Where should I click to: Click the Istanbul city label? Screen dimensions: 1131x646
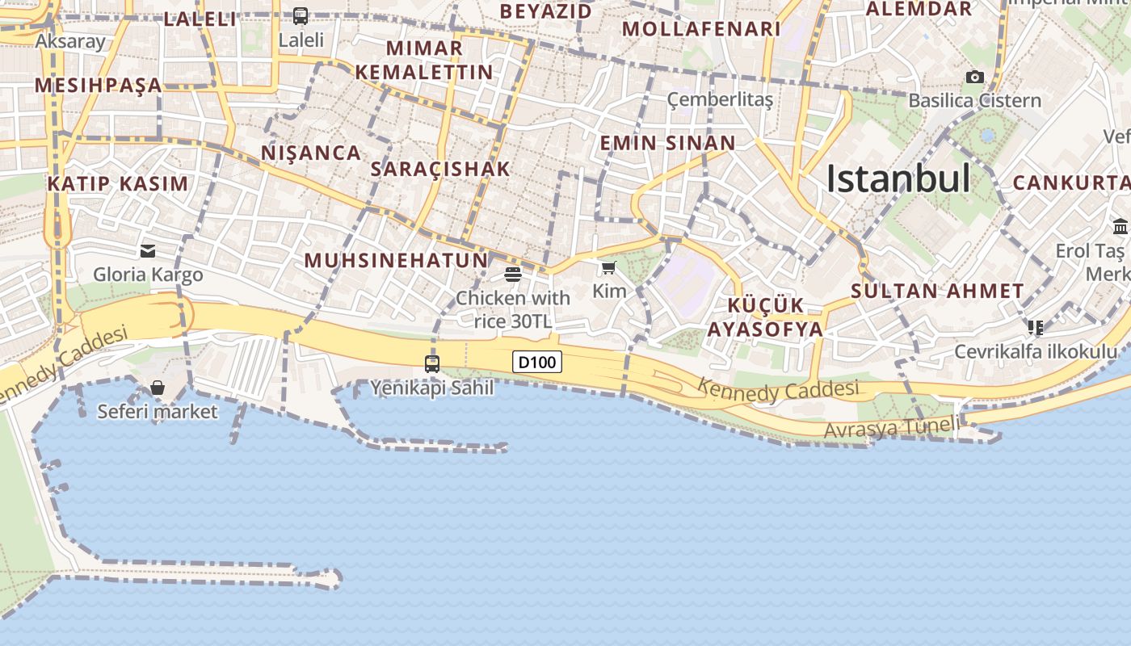(x=898, y=178)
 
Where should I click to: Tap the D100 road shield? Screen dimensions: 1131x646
(x=537, y=362)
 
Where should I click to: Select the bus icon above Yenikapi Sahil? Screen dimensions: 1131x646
(x=432, y=363)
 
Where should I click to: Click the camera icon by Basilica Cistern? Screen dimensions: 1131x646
(x=975, y=77)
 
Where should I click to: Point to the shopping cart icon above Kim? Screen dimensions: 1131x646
(x=608, y=267)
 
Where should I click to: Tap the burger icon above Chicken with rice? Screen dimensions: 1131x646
(x=512, y=275)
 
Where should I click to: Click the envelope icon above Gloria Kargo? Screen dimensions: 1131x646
(x=148, y=250)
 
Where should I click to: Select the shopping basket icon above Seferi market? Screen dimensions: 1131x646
(x=158, y=388)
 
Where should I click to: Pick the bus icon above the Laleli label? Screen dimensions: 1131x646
(x=301, y=15)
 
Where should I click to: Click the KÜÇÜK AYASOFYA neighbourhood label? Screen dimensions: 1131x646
(x=765, y=317)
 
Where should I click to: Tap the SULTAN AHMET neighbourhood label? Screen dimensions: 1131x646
(x=937, y=292)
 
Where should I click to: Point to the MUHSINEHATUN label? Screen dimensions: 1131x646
(x=396, y=260)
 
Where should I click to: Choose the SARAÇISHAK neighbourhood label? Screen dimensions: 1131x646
(x=440, y=169)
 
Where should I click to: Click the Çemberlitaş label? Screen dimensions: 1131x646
(x=720, y=99)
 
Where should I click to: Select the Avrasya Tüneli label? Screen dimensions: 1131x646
(x=892, y=427)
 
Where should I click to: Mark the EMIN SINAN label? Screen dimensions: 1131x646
(x=667, y=144)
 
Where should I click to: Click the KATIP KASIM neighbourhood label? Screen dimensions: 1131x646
(x=118, y=183)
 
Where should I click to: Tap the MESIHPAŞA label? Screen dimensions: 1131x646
(x=99, y=85)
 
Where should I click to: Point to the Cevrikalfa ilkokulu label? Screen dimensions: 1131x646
(x=1036, y=351)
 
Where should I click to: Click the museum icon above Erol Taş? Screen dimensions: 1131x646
(x=1120, y=226)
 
